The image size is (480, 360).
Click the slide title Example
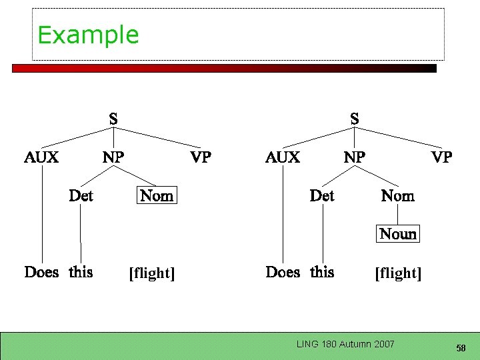click(x=88, y=35)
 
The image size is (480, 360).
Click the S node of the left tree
click(x=113, y=119)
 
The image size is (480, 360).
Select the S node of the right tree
click(x=355, y=119)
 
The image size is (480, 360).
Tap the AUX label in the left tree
click(x=41, y=157)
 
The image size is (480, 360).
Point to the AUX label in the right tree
click(x=283, y=157)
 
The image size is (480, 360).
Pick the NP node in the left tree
click(x=113, y=157)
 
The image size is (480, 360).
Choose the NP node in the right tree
click(x=354, y=157)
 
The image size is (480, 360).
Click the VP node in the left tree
click(x=201, y=157)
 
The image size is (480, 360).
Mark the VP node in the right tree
click(x=441, y=157)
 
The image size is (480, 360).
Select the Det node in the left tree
click(x=81, y=195)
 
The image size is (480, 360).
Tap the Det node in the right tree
click(x=322, y=195)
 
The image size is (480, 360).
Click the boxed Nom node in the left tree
click(x=157, y=195)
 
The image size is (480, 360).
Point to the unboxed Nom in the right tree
click(x=397, y=195)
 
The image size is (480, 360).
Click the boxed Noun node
click(x=398, y=234)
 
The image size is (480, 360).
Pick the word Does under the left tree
click(x=41, y=272)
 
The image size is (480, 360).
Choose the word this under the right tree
click(x=322, y=272)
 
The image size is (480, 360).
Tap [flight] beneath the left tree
click(x=151, y=273)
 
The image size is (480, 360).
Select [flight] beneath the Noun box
click(x=398, y=273)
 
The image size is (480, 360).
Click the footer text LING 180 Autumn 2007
click(x=345, y=344)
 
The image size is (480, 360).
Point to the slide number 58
click(x=461, y=348)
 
